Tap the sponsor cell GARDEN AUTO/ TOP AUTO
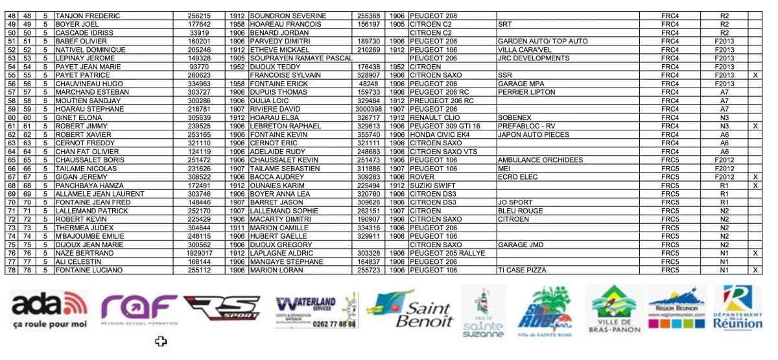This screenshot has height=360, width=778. point(543,41)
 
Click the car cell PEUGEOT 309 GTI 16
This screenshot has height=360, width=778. point(445,126)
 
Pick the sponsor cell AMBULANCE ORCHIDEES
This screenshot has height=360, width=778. point(540,160)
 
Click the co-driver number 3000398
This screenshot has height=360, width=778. point(371,109)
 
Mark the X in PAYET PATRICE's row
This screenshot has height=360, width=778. point(755,75)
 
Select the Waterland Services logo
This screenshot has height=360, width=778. point(315,311)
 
